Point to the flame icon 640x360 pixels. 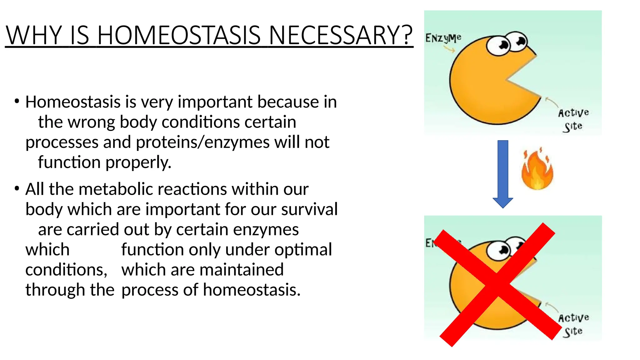pyautogui.click(x=537, y=170)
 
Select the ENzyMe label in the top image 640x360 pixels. pyautogui.click(x=443, y=38)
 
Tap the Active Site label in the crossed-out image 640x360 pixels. pyautogui.click(x=573, y=324)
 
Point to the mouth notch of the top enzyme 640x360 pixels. pyautogui.click(x=519, y=78)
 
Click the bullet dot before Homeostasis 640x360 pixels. pyautogui.click(x=17, y=101)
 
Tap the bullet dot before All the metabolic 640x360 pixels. pyautogui.click(x=17, y=188)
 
